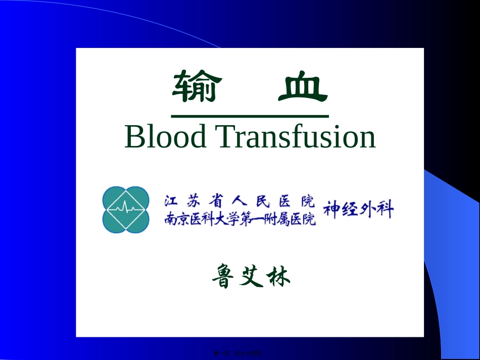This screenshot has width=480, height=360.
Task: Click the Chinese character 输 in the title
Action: pyautogui.click(x=197, y=86)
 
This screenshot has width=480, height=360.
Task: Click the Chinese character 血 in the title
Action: pyautogui.click(x=303, y=86)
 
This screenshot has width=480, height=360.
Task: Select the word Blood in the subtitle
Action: pyautogui.click(x=165, y=136)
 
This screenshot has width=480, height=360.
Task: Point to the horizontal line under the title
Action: pyautogui.click(x=250, y=116)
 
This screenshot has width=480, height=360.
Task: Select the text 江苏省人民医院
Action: pyautogui.click(x=238, y=201)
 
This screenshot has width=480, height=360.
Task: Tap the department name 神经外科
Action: pyautogui.click(x=358, y=210)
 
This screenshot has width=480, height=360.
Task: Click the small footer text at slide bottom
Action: pyautogui.click(x=239, y=355)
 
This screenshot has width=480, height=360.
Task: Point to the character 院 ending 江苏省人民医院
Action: pyautogui.click(x=307, y=201)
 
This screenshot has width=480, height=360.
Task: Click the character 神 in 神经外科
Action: pyautogui.click(x=331, y=210)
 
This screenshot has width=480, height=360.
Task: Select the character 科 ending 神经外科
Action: pyautogui.click(x=385, y=210)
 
